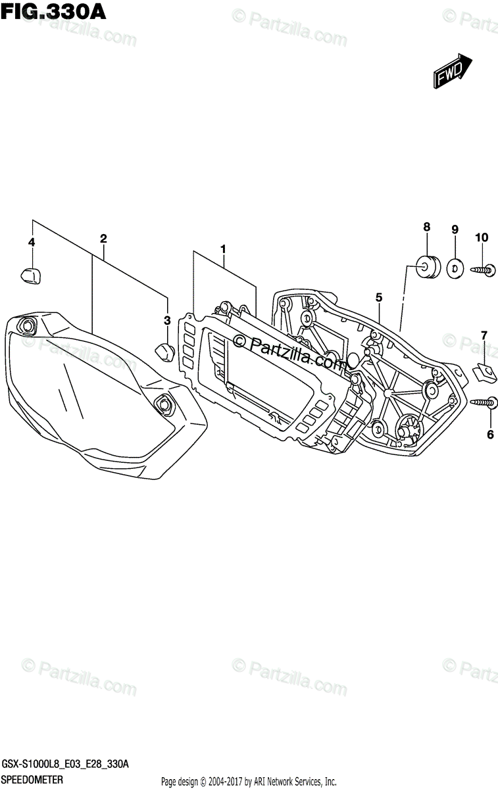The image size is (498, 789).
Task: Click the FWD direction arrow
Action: coord(453,71)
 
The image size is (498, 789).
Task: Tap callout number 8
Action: coord(426,227)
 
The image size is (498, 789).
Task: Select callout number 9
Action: coord(454,229)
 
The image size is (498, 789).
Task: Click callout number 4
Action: coord(31,243)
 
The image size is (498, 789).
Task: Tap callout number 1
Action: coord(223,249)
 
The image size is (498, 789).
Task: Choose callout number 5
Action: coord(379,298)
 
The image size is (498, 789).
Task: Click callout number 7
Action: coord(484,336)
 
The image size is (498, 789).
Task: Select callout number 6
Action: coord(489,435)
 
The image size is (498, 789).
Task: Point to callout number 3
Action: coord(167,320)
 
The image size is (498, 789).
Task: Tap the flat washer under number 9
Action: coord(454,267)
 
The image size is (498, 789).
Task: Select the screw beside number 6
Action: coord(484,402)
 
